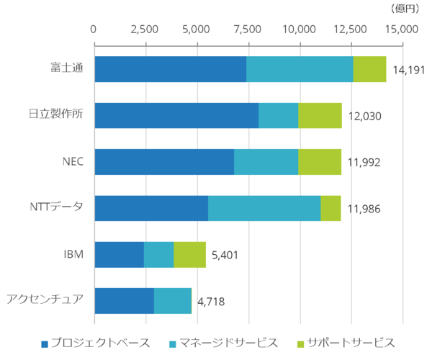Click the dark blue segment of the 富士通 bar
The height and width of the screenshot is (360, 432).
(170, 69)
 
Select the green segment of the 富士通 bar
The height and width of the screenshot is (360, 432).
(369, 69)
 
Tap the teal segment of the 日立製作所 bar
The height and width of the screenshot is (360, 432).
(278, 115)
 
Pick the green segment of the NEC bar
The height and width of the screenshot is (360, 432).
(320, 162)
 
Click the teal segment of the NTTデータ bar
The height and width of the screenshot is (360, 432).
(264, 208)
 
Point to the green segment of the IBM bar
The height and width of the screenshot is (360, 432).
(189, 254)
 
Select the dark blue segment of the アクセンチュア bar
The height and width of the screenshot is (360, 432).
(124, 301)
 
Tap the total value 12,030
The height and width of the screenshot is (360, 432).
(364, 116)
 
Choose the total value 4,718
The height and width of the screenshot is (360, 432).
(210, 301)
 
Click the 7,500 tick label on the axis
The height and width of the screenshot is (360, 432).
(248, 30)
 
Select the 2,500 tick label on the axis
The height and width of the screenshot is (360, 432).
(145, 30)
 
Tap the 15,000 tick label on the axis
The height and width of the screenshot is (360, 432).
(402, 30)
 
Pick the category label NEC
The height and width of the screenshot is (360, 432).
(73, 161)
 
